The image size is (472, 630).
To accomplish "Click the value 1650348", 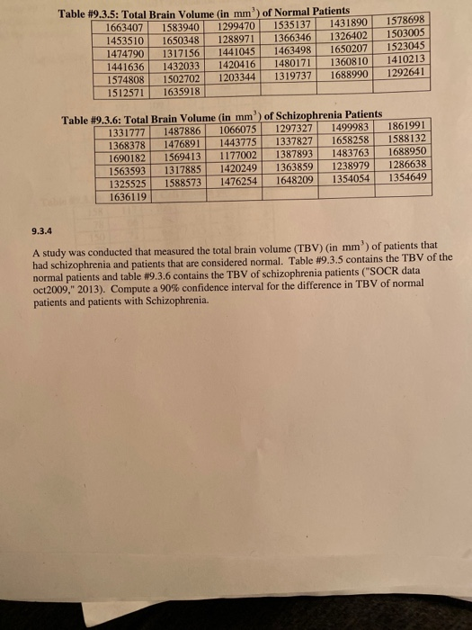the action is (181, 40).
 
